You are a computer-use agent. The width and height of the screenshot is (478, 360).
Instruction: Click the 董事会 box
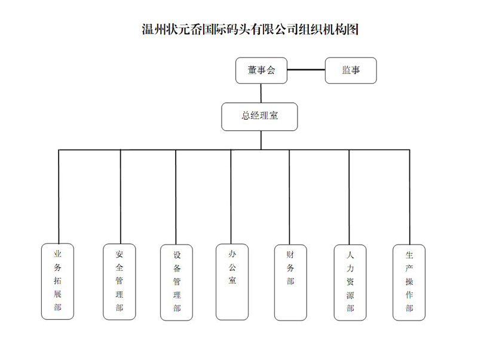pos(261,71)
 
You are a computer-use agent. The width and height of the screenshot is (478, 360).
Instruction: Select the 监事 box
pos(351,71)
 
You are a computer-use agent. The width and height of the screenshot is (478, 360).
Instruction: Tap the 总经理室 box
pos(259,117)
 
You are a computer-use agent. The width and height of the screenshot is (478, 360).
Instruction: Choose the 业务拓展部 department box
pos(57,281)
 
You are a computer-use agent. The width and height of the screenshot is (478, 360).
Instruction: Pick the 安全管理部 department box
pos(119,282)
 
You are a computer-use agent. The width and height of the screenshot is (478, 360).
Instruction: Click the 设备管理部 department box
pos(176,282)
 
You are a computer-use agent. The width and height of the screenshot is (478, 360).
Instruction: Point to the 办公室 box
pos(232,282)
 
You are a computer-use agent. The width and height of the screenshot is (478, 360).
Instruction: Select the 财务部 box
pos(290,282)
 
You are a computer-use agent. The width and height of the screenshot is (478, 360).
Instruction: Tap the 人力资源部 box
pos(350,282)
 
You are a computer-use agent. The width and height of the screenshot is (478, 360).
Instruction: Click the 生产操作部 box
pos(409,282)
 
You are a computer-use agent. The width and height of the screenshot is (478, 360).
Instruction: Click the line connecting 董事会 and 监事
pos(306,70)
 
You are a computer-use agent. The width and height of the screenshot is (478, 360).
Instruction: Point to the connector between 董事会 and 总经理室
pos(261,93)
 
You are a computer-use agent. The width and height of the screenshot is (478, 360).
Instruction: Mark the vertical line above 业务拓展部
pos(59,197)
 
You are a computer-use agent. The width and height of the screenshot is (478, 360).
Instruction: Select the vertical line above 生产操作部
pos(409,197)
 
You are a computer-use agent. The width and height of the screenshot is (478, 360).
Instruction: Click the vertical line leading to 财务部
pos(289,197)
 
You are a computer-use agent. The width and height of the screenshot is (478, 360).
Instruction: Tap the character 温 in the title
pos(148,29)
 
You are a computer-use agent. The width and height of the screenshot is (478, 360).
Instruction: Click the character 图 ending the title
pos(352,29)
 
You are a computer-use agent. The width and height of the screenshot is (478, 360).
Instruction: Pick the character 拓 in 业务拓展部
pos(57,280)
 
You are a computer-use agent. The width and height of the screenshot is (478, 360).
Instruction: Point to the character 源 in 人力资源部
pos(350,295)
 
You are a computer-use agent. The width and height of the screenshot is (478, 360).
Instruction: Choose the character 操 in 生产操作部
pos(409,281)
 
